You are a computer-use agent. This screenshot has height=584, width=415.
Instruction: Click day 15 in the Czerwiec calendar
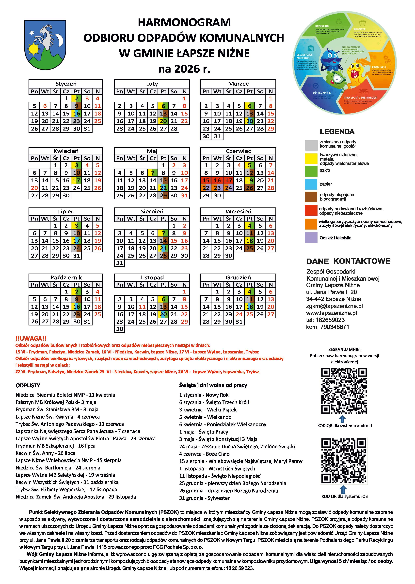coord(206,180)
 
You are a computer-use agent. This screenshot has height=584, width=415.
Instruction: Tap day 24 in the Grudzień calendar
coord(239,314)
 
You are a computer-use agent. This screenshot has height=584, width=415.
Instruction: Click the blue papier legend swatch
coord(311,184)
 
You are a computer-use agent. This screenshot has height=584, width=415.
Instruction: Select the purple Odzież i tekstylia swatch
coord(311,238)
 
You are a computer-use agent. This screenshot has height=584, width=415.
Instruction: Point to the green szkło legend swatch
coord(311,171)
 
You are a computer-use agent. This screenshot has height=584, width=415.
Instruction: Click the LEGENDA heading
coord(337,132)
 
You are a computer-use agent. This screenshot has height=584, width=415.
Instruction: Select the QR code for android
coord(344,391)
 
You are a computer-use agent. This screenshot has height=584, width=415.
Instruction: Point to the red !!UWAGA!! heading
coord(31,338)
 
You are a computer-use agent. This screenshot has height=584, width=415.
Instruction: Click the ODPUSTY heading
coord(28,385)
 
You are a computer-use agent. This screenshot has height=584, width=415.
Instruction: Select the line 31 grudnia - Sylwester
coord(204,498)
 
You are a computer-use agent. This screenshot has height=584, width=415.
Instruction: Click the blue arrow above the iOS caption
coord(344,489)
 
